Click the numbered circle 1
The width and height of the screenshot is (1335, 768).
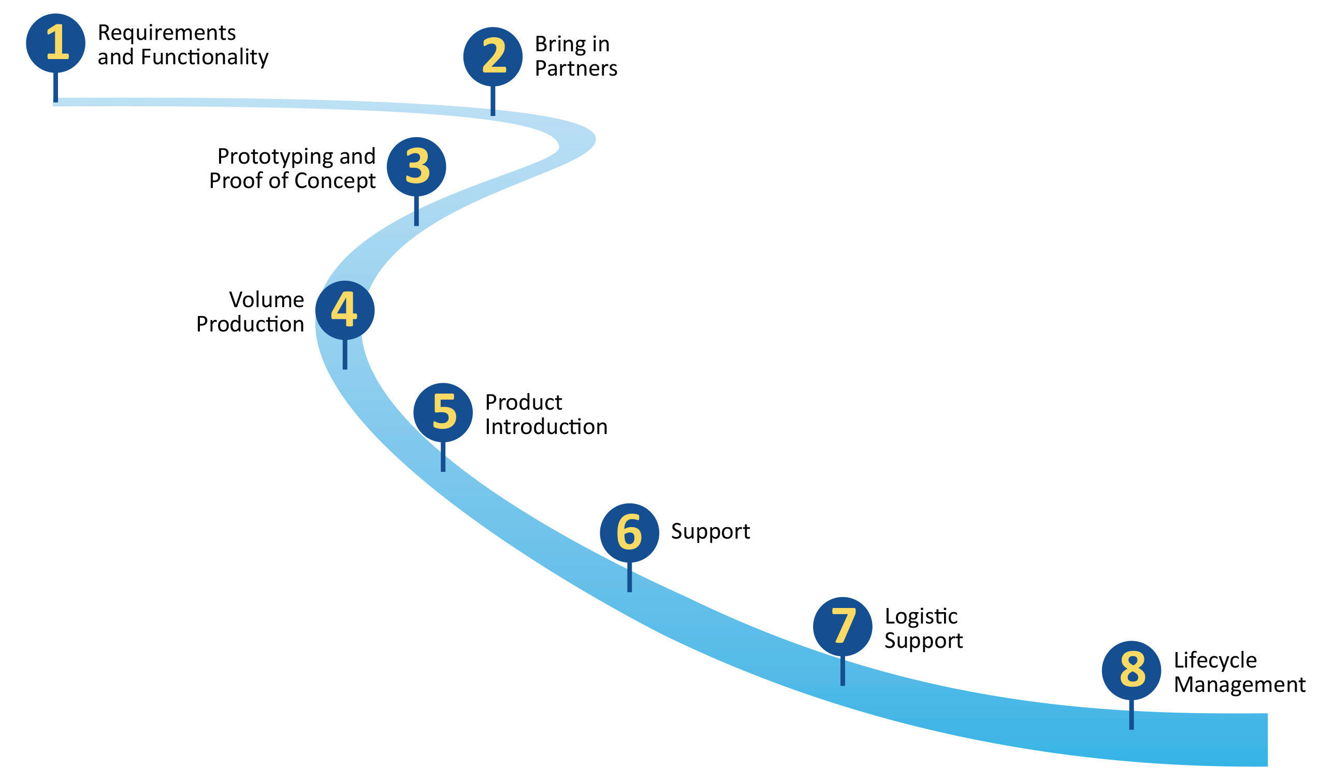pyautogui.click(x=55, y=44)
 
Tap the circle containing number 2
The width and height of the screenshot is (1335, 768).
pyautogui.click(x=492, y=57)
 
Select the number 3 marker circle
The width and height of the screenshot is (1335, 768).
pyautogui.click(x=416, y=167)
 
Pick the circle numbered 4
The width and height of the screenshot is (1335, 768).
pyautogui.click(x=345, y=310)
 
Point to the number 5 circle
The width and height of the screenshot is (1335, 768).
pyautogui.click(x=443, y=413)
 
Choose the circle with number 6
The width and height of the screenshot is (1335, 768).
pyautogui.click(x=629, y=533)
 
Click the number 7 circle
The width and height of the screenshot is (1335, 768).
pyautogui.click(x=843, y=627)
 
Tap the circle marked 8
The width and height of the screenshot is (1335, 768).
pyautogui.click(x=1131, y=671)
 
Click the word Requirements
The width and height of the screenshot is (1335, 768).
pyautogui.click(x=167, y=33)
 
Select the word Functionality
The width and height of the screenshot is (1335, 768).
pyautogui.click(x=205, y=57)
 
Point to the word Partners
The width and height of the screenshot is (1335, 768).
pyautogui.click(x=575, y=68)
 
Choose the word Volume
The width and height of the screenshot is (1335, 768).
pyautogui.click(x=266, y=300)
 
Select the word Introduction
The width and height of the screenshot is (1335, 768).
pyautogui.click(x=546, y=426)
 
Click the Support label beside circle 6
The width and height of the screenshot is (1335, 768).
pyautogui.click(x=710, y=532)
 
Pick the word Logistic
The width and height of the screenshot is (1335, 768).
pyautogui.click(x=921, y=616)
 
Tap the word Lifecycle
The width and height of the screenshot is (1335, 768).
pyautogui.click(x=1215, y=660)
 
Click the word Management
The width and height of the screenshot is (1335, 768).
pyautogui.click(x=1240, y=685)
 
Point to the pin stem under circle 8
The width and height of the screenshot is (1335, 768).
pyautogui.click(x=1131, y=715)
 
